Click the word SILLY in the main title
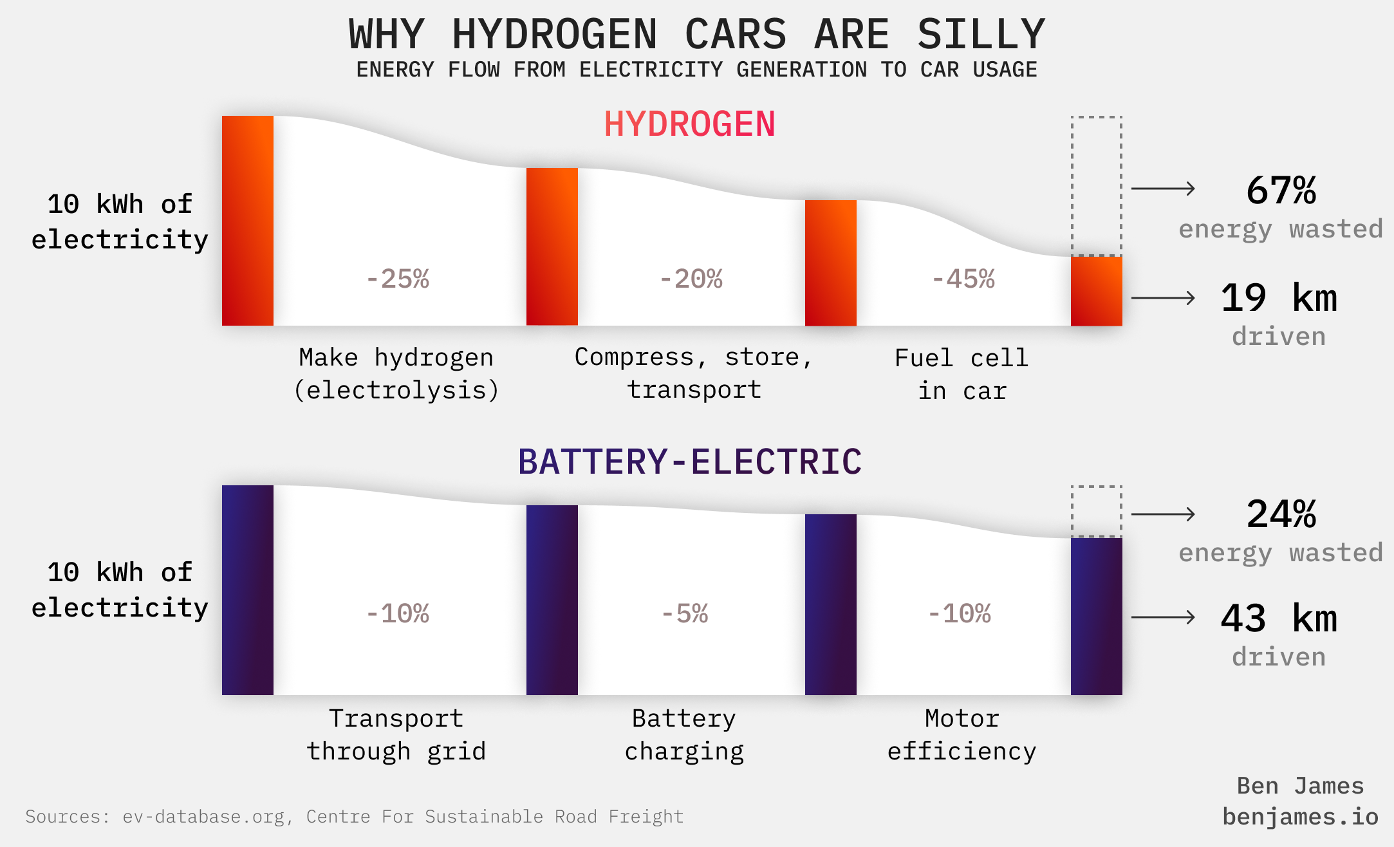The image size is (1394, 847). (980, 35)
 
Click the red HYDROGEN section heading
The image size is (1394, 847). (689, 124)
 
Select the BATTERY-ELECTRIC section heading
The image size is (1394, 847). (689, 462)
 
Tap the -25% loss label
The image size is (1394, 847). (397, 279)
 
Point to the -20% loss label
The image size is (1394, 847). (691, 279)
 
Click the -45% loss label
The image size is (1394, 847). (963, 279)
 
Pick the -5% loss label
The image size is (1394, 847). (685, 614)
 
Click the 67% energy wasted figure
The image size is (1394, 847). (1281, 191)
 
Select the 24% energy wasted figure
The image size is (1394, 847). (1281, 515)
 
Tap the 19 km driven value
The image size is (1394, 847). (1279, 299)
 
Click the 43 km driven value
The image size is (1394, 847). (1279, 619)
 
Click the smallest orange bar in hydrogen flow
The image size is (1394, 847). (1096, 291)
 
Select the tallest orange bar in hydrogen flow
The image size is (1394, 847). (247, 221)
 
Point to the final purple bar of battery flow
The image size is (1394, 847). (1096, 616)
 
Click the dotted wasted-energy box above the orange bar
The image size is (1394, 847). (1096, 186)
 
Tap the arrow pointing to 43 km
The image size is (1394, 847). (1162, 617)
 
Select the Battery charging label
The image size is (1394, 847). (684, 735)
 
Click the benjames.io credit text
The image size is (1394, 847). (1300, 817)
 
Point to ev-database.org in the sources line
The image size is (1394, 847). (203, 817)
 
